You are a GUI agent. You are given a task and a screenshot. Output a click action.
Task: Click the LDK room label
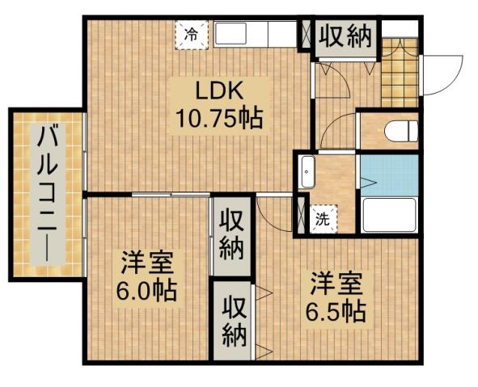click(217, 89)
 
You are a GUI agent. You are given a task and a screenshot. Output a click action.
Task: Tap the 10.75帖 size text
click(218, 120)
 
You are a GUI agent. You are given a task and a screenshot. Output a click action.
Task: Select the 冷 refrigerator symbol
click(192, 34)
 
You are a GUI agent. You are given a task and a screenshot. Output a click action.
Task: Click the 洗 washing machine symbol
click(323, 217)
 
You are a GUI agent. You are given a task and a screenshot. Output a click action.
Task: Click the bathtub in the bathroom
click(389, 215)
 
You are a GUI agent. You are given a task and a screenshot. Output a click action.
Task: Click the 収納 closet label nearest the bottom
click(235, 320)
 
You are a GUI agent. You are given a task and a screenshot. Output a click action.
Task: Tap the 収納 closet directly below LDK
click(232, 235)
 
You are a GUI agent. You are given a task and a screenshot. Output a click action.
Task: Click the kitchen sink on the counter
click(233, 35)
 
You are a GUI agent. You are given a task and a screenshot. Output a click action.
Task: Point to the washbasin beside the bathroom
click(307, 169)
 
